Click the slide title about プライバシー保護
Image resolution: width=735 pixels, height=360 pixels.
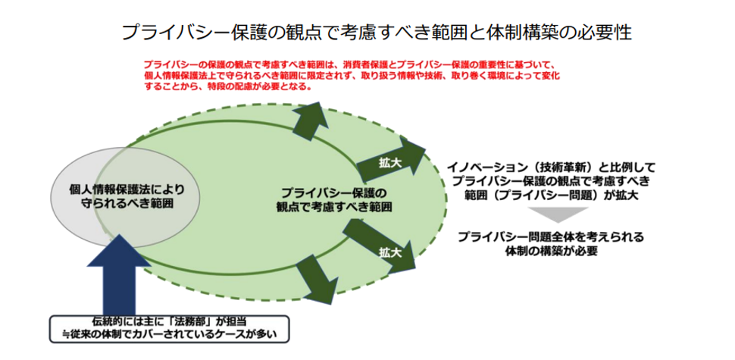pyautogui.click(x=377, y=33)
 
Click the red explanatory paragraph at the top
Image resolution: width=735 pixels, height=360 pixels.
pyautogui.click(x=352, y=75)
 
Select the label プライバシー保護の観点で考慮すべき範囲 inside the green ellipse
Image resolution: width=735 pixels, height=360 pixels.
pyautogui.click(x=333, y=200)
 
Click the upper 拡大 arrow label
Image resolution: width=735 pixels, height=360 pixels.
pyautogui.click(x=390, y=161)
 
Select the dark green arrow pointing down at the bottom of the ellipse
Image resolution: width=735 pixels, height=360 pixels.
pyautogui.click(x=317, y=280)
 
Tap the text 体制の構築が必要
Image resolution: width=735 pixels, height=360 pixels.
pyautogui.click(x=551, y=251)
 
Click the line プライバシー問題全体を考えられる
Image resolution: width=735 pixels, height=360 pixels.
pyautogui.click(x=551, y=236)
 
